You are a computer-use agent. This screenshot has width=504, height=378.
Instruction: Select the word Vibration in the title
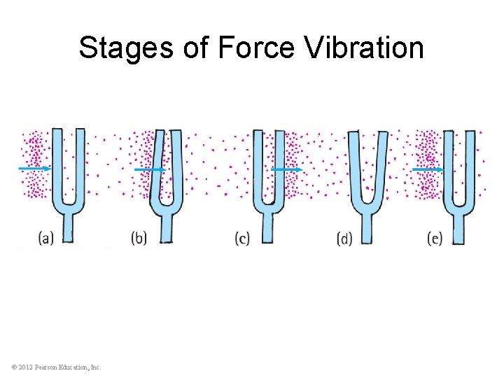coord(365,48)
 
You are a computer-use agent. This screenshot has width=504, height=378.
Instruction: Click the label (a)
coord(47,238)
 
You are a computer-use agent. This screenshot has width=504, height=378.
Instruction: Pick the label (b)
coord(139,238)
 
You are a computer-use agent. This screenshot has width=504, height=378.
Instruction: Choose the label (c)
coord(243,238)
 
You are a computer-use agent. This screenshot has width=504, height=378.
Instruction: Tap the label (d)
coord(344,239)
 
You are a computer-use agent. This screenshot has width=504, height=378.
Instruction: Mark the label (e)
coord(435,238)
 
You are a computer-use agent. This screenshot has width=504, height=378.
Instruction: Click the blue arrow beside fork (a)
coord(34,169)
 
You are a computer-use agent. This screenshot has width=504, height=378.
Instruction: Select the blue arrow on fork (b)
coord(150,169)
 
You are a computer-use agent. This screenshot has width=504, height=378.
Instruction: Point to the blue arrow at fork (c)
coord(287,169)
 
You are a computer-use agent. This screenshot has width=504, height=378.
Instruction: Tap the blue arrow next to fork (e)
coord(428,169)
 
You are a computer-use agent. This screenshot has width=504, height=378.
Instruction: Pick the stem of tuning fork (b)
coord(167,227)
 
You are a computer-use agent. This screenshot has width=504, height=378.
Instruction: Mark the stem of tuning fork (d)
coord(366,227)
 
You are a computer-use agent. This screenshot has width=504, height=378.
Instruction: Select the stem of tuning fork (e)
coord(458,227)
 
